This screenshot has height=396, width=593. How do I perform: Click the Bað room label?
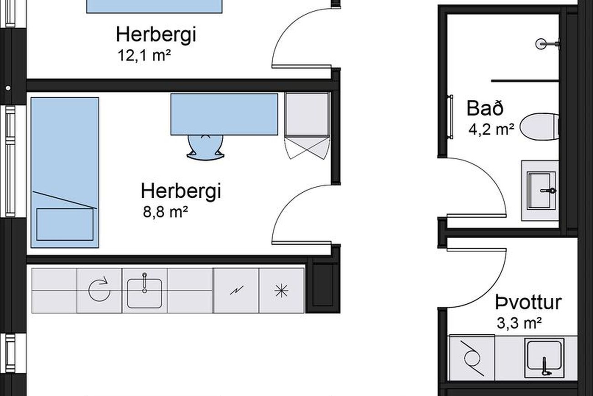point(485,108)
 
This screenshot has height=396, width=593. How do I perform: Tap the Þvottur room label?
point(528,302)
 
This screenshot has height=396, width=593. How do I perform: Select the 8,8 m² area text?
point(166,212)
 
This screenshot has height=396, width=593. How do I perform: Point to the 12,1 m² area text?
point(144,56)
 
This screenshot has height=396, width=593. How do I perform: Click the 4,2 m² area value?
point(491,129)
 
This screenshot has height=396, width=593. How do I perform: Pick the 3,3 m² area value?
point(519,323)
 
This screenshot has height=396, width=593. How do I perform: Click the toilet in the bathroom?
point(540,127)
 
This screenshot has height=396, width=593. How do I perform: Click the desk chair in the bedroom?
point(205,148)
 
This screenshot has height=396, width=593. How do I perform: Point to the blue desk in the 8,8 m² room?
point(224,114)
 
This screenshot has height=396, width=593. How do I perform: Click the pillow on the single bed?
point(65,225)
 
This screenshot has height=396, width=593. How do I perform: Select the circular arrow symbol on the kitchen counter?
point(99,289)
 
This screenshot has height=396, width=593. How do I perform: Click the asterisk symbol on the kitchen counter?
point(281,291)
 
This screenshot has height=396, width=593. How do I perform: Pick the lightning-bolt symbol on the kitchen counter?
point(237,290)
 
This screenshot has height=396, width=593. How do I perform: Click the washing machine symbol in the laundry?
point(472,358)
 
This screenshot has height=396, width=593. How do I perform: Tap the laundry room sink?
point(544,359)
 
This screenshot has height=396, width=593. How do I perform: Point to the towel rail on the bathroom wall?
point(450,117)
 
